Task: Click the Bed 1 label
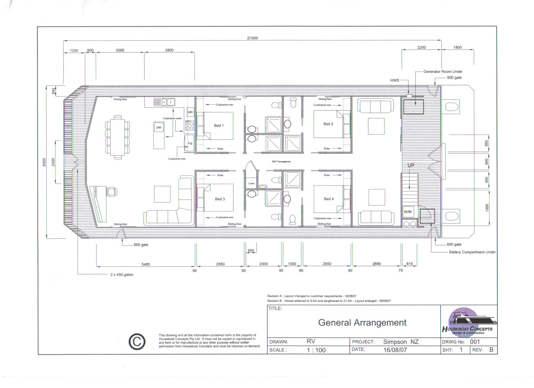(219, 125)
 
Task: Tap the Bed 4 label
(328, 199)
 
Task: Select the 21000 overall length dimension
(252, 38)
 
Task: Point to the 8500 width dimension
(44, 162)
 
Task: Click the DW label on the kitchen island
(159, 128)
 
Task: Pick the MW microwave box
(190, 112)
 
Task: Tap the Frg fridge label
(190, 143)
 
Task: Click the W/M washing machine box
(408, 212)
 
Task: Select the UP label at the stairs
(411, 166)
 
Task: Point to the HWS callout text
(395, 80)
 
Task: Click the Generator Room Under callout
(443, 72)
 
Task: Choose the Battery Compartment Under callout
(472, 252)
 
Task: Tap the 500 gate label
(141, 245)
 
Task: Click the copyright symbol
(137, 342)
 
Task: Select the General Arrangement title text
(362, 323)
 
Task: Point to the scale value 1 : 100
(316, 350)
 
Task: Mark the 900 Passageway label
(281, 162)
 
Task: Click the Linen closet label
(251, 184)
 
